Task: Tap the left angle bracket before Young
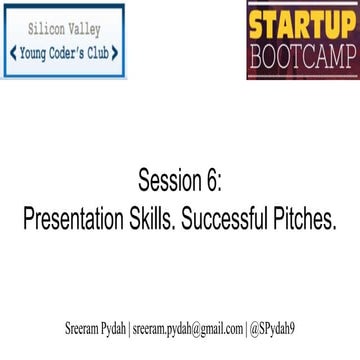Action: pos(13,51)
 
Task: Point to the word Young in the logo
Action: pos(36,51)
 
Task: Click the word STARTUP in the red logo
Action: pos(299,21)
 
